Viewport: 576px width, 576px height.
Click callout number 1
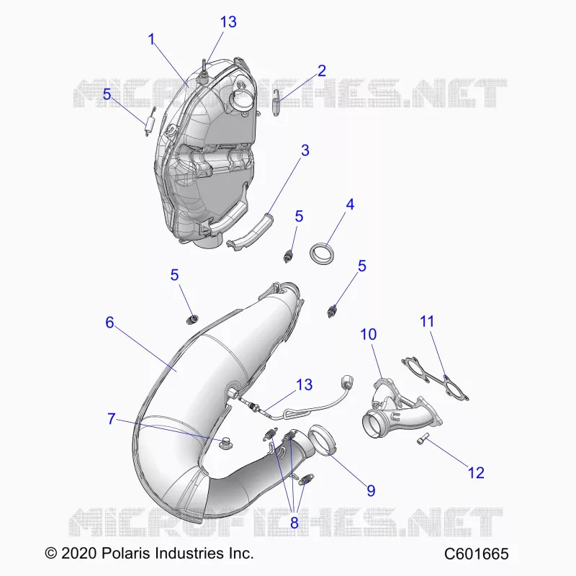pyautogui.click(x=151, y=40)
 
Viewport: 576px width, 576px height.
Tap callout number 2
pyautogui.click(x=321, y=71)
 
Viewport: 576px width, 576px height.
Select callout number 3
pyautogui.click(x=305, y=150)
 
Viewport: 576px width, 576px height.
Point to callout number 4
pyautogui.click(x=350, y=204)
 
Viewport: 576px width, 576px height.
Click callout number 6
pyautogui.click(x=109, y=322)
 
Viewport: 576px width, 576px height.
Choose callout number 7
pyautogui.click(x=112, y=418)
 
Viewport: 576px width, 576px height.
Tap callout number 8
pyautogui.click(x=294, y=523)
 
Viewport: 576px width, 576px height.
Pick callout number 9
pyautogui.click(x=371, y=490)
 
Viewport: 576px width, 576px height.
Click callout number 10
pyautogui.click(x=369, y=334)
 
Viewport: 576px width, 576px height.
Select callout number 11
pyautogui.click(x=427, y=321)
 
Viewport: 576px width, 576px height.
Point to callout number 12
pyautogui.click(x=476, y=472)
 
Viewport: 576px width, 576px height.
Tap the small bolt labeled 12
pyautogui.click(x=423, y=438)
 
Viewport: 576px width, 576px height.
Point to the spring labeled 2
pyautogui.click(x=276, y=103)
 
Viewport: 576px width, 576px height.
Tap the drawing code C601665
pyautogui.click(x=476, y=553)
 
